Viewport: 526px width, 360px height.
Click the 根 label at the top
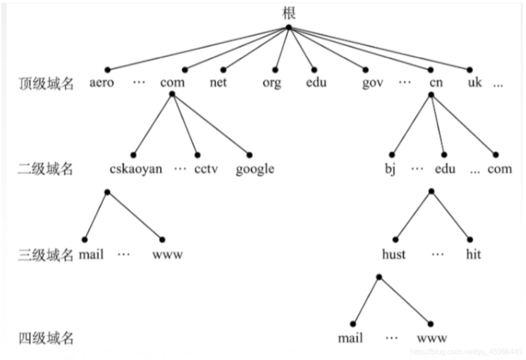tap(289, 13)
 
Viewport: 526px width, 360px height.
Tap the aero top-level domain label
tap(102, 82)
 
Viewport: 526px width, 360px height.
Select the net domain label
tap(218, 82)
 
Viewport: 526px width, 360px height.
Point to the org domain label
tap(272, 83)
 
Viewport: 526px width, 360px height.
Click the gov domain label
tap(373, 83)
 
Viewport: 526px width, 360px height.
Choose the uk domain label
tap(475, 82)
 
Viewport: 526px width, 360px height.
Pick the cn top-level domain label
tap(436, 82)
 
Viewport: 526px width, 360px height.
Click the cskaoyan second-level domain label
tap(136, 169)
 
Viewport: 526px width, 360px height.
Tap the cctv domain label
tap(206, 169)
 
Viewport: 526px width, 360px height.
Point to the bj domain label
tap(390, 168)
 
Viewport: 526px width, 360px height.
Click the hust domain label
tap(394, 254)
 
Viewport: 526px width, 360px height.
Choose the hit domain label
tap(473, 254)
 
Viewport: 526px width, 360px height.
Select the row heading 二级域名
tap(45, 169)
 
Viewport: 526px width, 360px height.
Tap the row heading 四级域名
tap(46, 338)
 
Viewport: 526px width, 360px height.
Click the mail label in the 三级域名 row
tap(91, 254)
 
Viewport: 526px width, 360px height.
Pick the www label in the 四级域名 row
tap(432, 338)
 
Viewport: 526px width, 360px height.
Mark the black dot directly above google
tap(249, 155)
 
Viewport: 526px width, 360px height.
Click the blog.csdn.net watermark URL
tap(466, 352)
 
